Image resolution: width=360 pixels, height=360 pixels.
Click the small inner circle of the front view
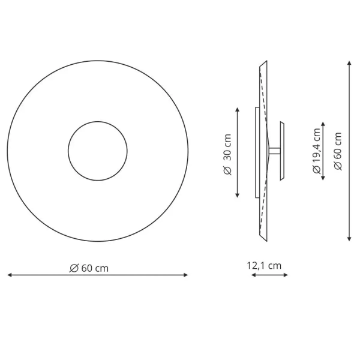coord(97,151)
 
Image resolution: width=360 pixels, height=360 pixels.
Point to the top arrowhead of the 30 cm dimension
coord(238,110)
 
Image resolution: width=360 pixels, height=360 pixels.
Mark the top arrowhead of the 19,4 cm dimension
coord(325,124)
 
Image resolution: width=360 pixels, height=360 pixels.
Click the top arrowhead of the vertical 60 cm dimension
coord(350,62)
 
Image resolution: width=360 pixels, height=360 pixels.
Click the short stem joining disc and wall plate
coord(273,151)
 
